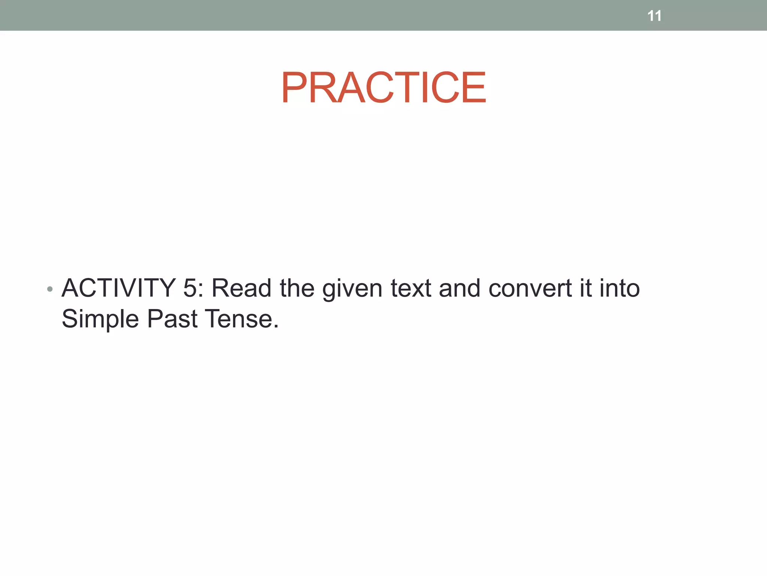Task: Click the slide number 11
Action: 654,16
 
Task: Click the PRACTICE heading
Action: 383,87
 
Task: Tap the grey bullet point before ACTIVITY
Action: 50,289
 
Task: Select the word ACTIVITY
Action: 119,288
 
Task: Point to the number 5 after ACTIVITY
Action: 190,288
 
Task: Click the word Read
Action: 242,288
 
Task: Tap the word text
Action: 411,288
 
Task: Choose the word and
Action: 460,288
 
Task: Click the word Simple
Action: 100,319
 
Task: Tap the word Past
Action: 172,319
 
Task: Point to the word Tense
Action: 238,319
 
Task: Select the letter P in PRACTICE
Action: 295,87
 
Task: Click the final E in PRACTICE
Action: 474,87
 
